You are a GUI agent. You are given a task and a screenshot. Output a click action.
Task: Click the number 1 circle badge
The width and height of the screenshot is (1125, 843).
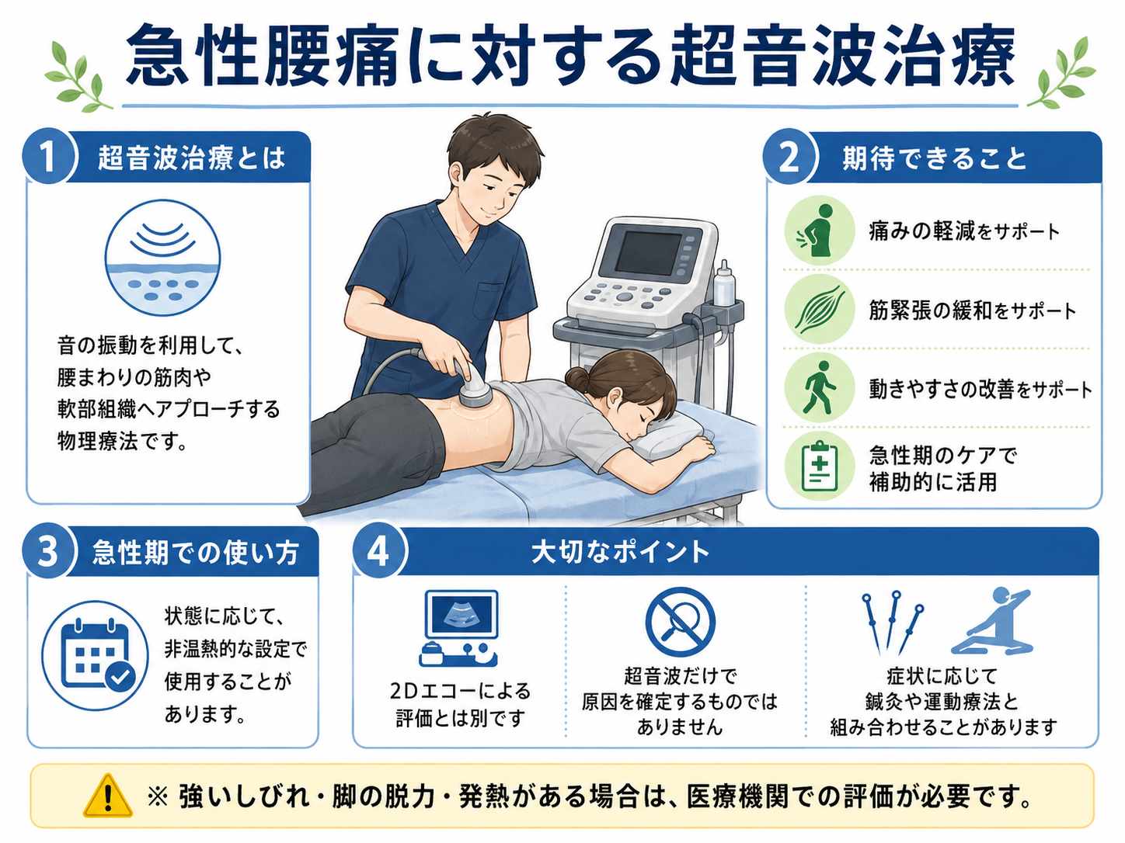(x=49, y=156)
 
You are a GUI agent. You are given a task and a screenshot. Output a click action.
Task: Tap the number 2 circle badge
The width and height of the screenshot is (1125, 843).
(x=789, y=157)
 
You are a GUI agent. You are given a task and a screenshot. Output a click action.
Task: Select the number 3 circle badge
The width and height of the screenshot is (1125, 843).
(x=49, y=551)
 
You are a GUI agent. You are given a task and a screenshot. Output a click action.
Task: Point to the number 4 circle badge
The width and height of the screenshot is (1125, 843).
(x=379, y=550)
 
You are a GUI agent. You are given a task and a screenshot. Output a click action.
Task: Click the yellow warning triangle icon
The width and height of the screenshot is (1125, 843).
(x=108, y=796)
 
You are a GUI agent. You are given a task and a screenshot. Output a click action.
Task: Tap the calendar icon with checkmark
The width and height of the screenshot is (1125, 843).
(x=96, y=656)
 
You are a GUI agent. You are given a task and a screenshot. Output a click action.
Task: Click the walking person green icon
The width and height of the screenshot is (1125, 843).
(x=819, y=387)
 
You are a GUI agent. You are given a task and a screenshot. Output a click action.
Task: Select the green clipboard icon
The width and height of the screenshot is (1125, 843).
(x=819, y=466)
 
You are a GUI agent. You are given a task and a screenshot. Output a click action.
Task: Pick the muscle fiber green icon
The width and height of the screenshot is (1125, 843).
(x=819, y=309)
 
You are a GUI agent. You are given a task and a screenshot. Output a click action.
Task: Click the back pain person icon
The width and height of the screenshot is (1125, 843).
(x=819, y=231)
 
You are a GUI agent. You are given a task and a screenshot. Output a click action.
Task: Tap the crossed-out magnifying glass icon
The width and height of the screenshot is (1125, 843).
(x=680, y=621)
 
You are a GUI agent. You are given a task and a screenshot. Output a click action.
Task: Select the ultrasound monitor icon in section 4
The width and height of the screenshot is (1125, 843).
(x=459, y=628)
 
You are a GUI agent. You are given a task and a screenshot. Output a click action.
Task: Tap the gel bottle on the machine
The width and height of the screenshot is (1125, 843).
(x=723, y=283)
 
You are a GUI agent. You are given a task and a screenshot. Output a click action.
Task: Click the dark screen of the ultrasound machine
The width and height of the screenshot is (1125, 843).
(x=648, y=252)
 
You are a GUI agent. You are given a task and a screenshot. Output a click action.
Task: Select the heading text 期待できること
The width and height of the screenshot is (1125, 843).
(x=935, y=158)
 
